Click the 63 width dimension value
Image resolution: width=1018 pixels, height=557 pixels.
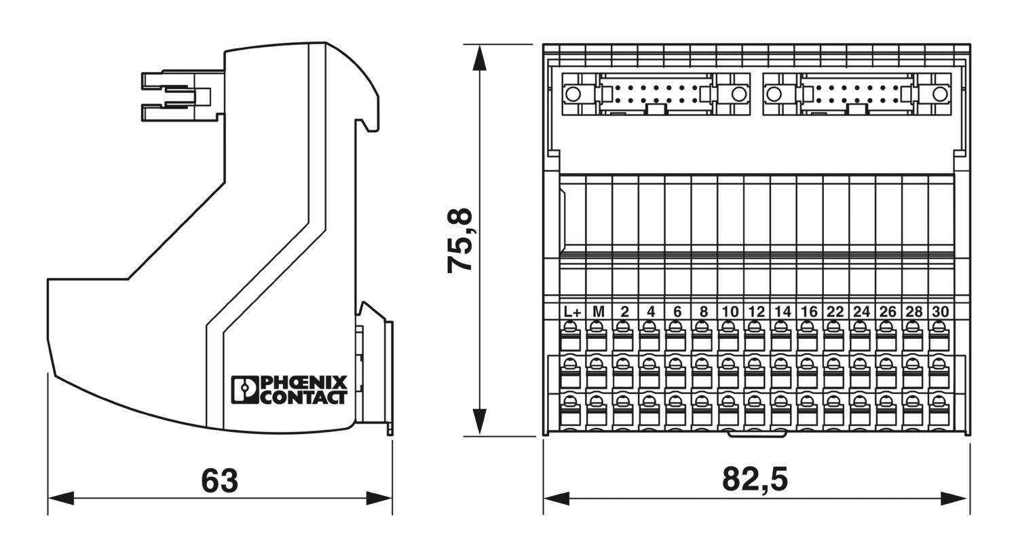coord(219,481)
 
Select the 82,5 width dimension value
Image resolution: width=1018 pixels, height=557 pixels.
coord(755,480)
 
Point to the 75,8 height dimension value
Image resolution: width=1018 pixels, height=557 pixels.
coord(460,240)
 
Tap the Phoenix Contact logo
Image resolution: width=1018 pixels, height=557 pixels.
coord(289,390)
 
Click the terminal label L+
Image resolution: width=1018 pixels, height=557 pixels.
coord(572,312)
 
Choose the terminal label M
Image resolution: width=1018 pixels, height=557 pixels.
coord(599,312)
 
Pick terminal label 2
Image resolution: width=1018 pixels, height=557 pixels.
coord(625,312)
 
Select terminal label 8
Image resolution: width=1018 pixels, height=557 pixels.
coord(704,312)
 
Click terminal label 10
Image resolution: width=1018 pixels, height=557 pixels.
coord(730,312)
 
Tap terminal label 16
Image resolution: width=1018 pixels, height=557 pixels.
coord(809,312)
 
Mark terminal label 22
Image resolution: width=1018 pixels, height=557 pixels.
coord(835,312)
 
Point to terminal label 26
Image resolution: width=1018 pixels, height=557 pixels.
coord(888,312)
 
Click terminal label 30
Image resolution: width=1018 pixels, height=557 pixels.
coord(941,312)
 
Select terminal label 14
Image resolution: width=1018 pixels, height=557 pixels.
coord(783,312)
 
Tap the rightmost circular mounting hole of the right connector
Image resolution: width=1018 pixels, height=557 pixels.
coord(940,94)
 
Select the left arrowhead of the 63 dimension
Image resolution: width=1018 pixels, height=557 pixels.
coord(61,498)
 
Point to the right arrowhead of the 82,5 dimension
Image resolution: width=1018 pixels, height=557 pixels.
coord(954,499)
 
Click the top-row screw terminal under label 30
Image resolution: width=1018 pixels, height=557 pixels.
coord(939,336)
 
